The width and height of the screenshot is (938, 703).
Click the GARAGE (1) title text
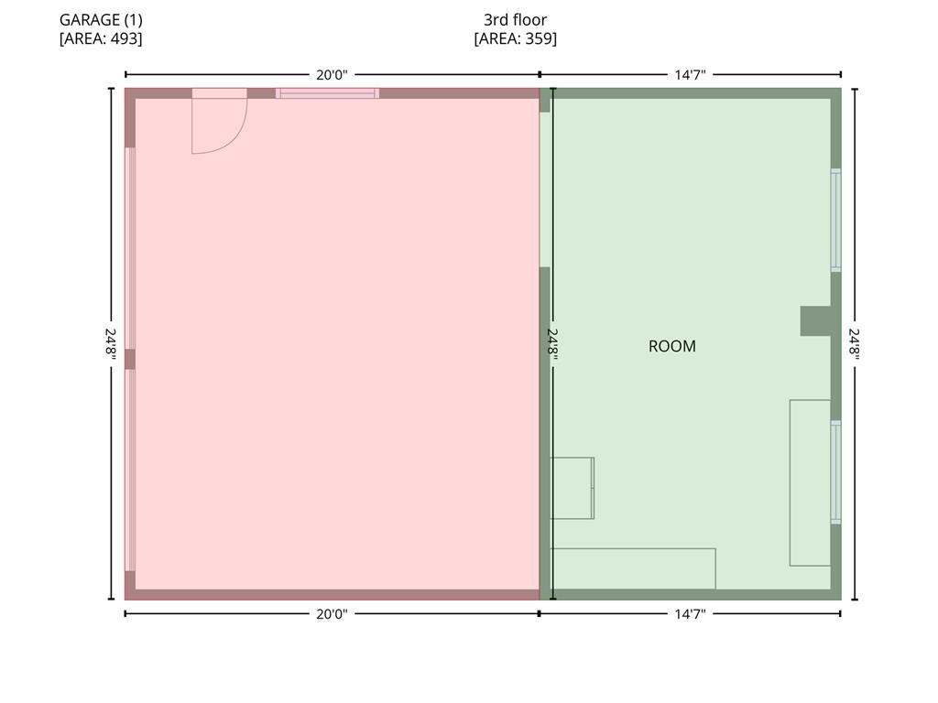[x=101, y=20]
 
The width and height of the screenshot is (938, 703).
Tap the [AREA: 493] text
[x=101, y=38]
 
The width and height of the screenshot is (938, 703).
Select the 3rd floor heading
[x=515, y=20]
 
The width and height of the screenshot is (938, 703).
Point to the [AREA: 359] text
[x=515, y=38]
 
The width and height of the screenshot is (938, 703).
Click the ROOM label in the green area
[x=671, y=346]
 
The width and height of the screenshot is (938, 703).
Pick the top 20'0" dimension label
[x=332, y=75]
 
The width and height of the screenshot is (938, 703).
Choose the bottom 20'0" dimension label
[x=332, y=614]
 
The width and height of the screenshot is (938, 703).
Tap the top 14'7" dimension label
[x=691, y=75]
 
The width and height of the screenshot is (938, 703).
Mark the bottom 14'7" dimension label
[x=691, y=614]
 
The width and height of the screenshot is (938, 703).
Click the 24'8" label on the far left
[x=111, y=344]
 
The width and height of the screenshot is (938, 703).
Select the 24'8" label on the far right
[x=855, y=344]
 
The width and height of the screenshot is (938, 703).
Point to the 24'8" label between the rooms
[x=552, y=344]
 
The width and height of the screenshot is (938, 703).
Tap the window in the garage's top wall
[x=327, y=93]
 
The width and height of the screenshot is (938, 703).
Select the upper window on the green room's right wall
[x=835, y=220]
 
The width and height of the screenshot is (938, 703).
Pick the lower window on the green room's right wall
[x=835, y=472]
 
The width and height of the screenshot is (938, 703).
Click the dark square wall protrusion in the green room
[x=816, y=321]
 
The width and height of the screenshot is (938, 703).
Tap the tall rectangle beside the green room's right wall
[x=810, y=482]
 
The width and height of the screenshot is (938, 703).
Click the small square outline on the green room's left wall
[x=572, y=488]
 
